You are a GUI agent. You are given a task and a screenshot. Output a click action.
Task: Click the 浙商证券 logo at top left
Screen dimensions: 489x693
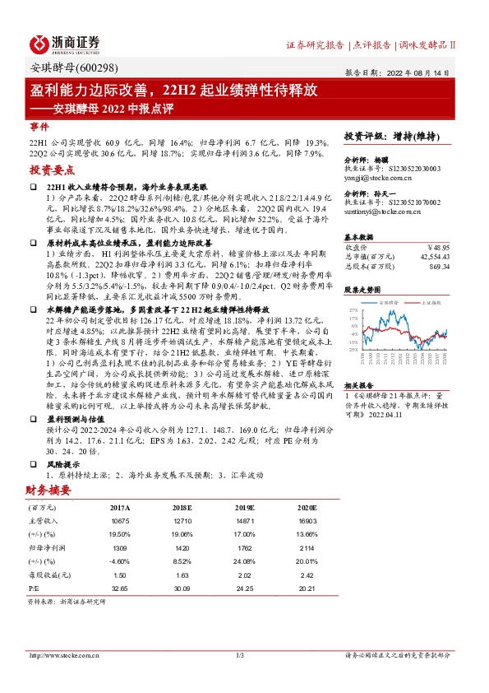(65, 42)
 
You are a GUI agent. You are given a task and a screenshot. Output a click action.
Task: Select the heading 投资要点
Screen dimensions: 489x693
(52, 170)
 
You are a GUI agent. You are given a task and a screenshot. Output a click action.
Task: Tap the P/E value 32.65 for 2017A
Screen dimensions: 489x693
(120, 589)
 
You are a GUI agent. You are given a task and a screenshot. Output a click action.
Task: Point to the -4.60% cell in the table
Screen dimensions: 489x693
(120, 560)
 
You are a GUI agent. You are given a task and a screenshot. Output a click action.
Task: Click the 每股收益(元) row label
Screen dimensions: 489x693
(46, 574)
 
